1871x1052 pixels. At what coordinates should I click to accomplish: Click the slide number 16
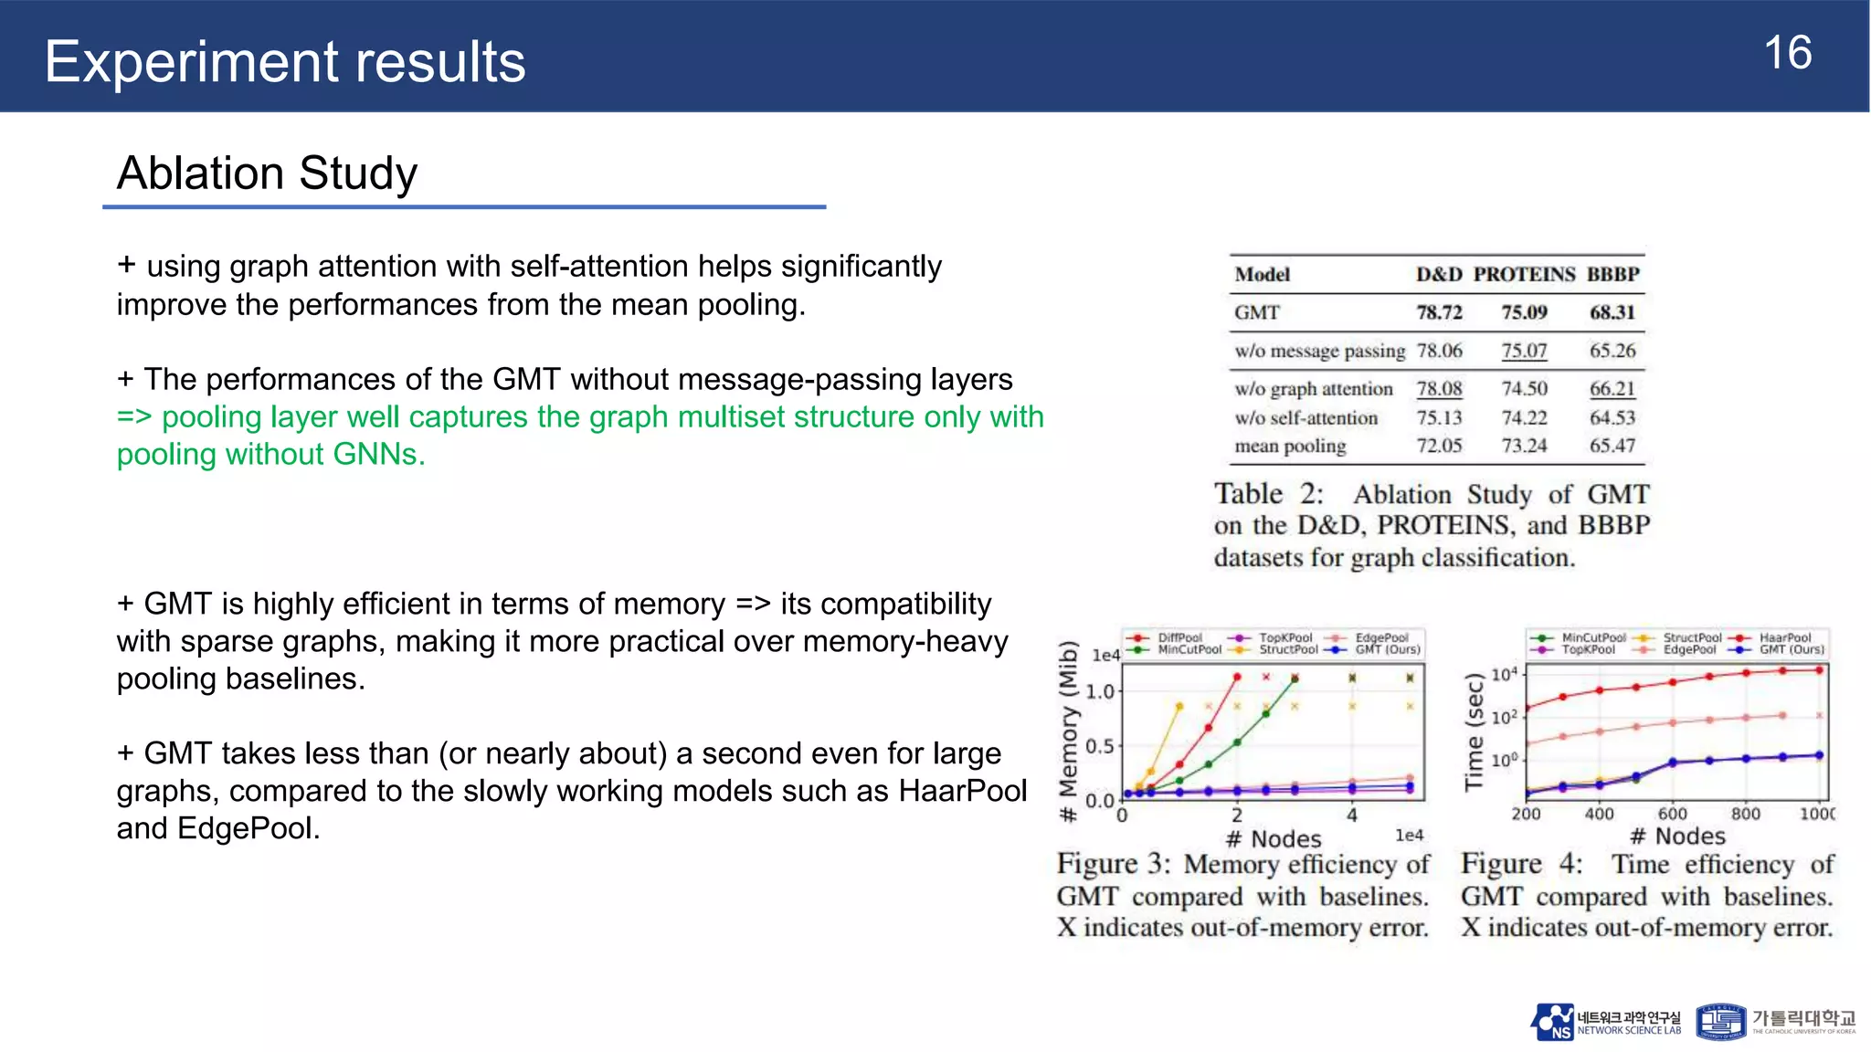(x=1787, y=53)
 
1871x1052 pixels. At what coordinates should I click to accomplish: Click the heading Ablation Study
(x=267, y=173)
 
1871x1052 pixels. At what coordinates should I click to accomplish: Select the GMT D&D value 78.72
(x=1439, y=312)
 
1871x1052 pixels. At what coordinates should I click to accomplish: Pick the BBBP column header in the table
(x=1612, y=274)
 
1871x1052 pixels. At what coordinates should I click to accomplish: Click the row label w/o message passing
(x=1319, y=351)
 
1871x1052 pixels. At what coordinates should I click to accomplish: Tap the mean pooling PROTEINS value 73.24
(x=1524, y=446)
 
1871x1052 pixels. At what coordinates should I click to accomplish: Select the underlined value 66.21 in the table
(x=1612, y=388)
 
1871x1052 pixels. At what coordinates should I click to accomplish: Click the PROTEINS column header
(x=1524, y=274)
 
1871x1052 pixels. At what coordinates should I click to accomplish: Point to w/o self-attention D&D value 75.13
(x=1439, y=417)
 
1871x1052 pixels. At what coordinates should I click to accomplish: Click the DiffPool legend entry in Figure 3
(x=1179, y=637)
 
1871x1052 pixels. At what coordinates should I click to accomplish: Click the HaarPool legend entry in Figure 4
(x=1784, y=637)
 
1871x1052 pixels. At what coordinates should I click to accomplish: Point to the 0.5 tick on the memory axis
(x=1100, y=746)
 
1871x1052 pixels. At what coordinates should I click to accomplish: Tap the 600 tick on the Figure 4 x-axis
(x=1672, y=814)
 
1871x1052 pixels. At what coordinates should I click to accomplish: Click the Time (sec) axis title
(x=1474, y=731)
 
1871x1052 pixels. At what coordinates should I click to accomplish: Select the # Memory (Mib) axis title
(x=1068, y=731)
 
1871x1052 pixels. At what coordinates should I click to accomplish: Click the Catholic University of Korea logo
(x=1775, y=1022)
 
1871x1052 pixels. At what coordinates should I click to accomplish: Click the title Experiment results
(x=285, y=61)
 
